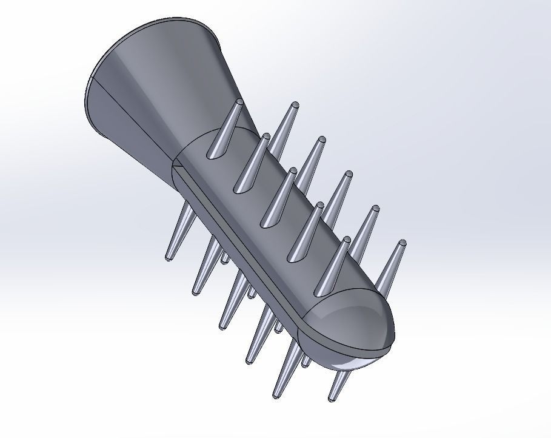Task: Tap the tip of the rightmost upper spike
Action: coord(401,244)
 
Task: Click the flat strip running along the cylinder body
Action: coord(242,243)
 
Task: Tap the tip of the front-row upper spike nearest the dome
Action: coord(347,240)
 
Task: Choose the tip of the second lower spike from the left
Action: coord(195,293)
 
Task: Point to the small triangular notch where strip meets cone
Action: coord(174,163)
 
